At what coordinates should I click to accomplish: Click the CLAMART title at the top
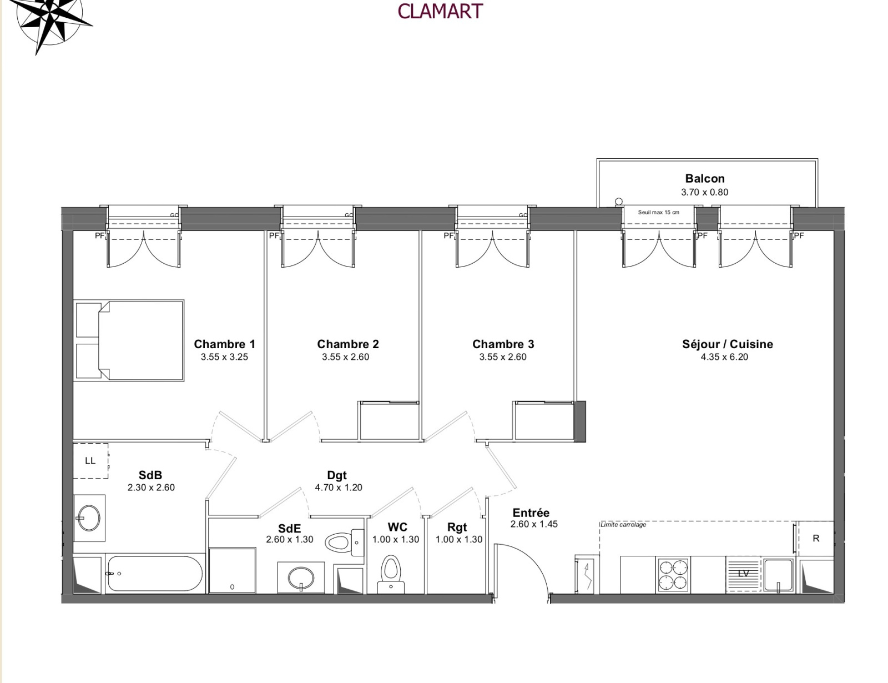(x=440, y=11)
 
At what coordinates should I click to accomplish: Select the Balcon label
(x=705, y=179)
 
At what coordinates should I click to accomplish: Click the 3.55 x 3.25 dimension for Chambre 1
(x=224, y=357)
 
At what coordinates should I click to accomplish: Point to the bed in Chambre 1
(x=129, y=340)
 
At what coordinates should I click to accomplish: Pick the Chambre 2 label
(x=348, y=344)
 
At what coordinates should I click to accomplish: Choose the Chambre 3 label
(x=503, y=344)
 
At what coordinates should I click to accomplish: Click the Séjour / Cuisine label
(x=728, y=344)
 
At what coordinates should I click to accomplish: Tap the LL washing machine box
(x=90, y=461)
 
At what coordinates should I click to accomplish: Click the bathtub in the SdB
(x=154, y=574)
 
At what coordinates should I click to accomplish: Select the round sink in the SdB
(x=89, y=518)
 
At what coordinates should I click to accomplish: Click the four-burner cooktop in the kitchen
(x=673, y=575)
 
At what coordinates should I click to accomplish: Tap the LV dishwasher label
(x=743, y=574)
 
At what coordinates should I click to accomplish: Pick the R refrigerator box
(x=816, y=538)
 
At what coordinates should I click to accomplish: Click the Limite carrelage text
(x=623, y=524)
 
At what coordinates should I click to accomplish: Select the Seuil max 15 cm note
(x=658, y=212)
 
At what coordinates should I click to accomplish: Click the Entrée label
(x=531, y=513)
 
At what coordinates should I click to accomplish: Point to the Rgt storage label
(x=457, y=528)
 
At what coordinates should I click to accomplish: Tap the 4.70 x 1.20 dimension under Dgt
(x=339, y=487)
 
